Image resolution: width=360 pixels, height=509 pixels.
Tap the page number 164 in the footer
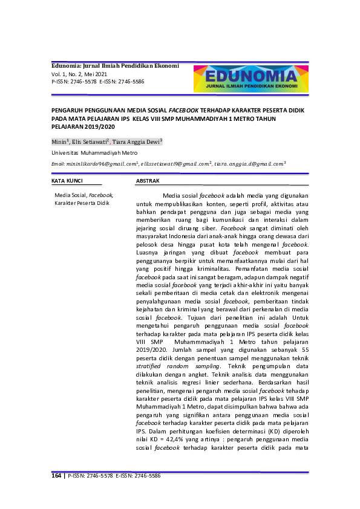56,476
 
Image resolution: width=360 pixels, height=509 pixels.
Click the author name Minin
59,141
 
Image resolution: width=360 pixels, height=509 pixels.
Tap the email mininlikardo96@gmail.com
95,164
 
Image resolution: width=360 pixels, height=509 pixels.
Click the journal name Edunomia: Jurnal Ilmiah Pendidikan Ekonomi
115,65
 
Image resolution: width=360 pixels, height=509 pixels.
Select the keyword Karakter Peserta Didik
82,204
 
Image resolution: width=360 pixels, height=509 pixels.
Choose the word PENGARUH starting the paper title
68,111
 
